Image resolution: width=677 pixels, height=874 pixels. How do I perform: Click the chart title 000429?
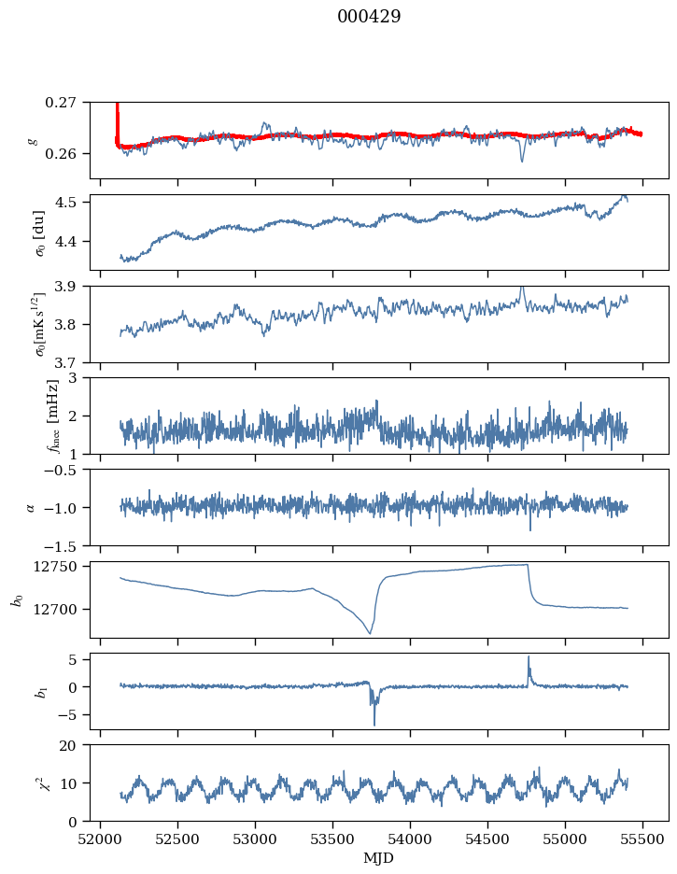coord(369,17)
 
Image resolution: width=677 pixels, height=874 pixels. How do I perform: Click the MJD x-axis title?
coord(379,858)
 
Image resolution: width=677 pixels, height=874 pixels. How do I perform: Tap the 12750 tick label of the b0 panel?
coord(61,567)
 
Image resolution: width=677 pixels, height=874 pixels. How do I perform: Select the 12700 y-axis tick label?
coord(61,610)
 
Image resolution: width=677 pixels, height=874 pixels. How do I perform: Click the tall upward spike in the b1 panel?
coord(529,658)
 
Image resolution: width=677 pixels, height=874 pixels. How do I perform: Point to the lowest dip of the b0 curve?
coord(370,633)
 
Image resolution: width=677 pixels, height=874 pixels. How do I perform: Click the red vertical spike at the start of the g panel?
coord(117,117)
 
